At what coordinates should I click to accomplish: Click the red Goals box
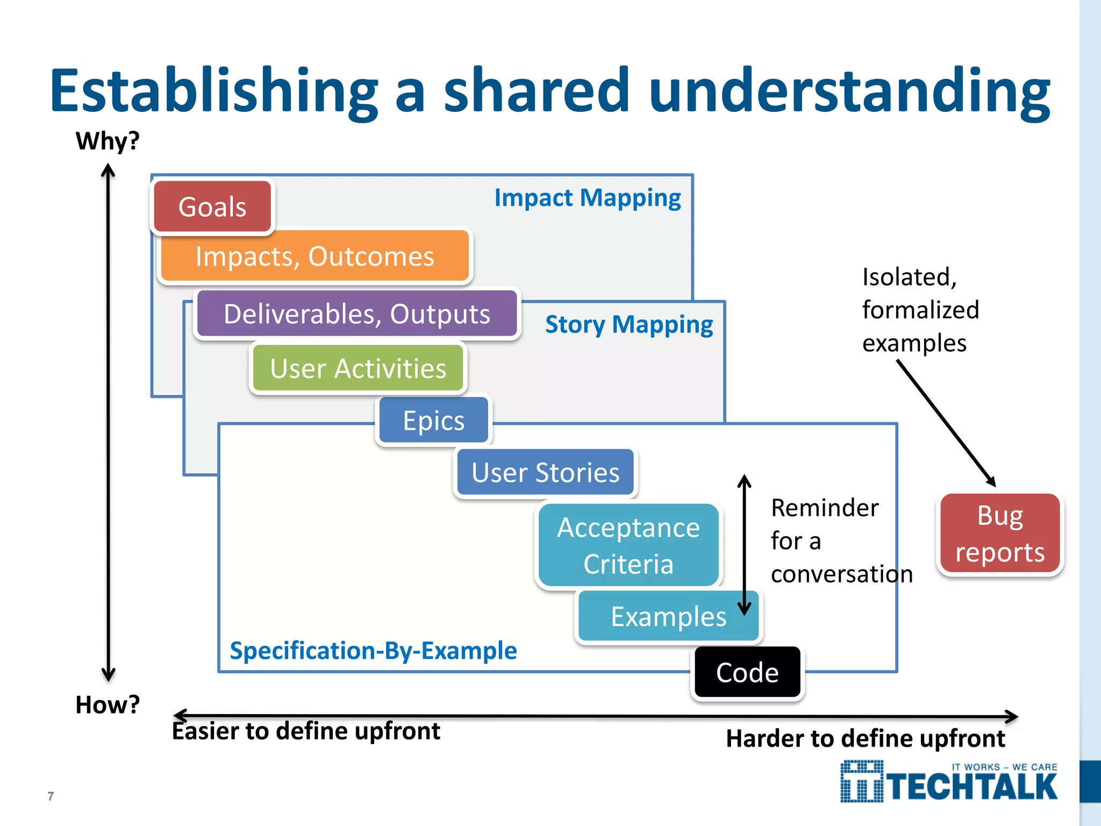click(213, 207)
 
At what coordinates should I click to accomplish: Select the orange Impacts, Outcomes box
click(315, 256)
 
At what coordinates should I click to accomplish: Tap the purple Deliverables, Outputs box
click(357, 314)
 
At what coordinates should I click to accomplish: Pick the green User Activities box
click(358, 369)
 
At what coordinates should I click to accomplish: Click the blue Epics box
click(434, 421)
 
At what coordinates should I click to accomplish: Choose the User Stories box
click(545, 473)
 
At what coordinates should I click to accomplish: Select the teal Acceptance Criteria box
click(628, 545)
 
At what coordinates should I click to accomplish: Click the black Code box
click(747, 673)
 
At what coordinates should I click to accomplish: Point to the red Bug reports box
click(1000, 534)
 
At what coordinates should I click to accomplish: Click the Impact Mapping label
click(588, 198)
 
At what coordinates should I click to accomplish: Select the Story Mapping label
click(629, 325)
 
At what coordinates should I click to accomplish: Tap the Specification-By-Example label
click(373, 651)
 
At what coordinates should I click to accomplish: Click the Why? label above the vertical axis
click(108, 141)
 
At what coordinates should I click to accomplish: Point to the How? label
click(108, 704)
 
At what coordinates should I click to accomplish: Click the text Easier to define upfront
click(306, 731)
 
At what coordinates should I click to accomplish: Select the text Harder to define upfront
click(865, 739)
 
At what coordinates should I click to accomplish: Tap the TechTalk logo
click(949, 782)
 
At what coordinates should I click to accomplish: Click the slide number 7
click(51, 796)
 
